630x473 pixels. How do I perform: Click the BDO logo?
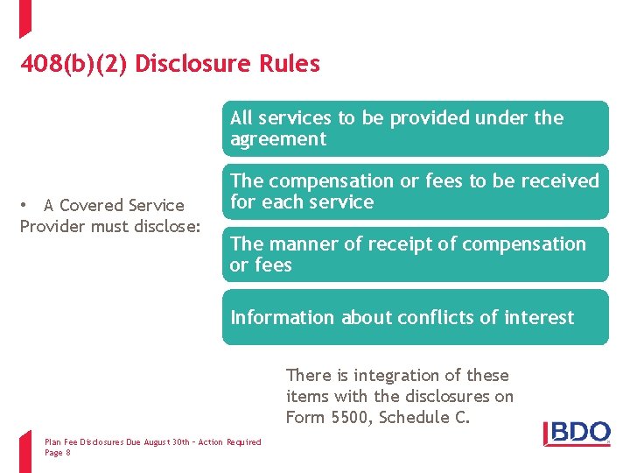pos(577,432)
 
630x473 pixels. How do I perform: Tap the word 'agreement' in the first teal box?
pos(278,139)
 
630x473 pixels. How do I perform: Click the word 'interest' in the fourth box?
pos(541,318)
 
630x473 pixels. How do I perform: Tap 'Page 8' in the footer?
pos(58,453)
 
